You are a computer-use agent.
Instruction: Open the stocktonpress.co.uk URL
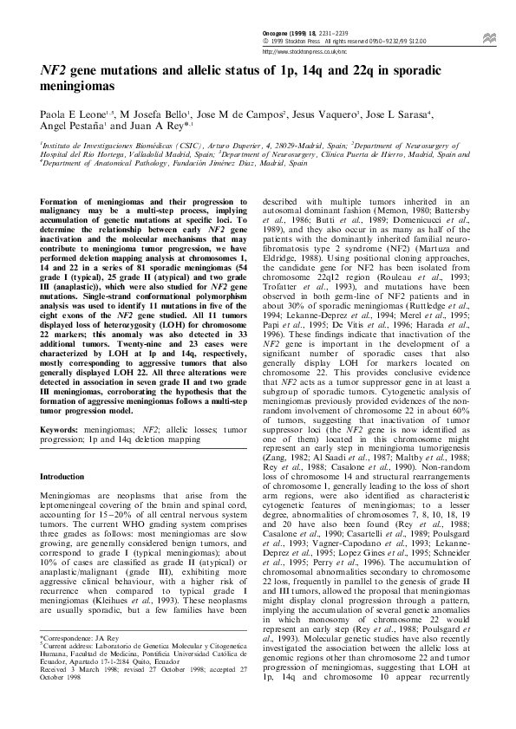point(299,51)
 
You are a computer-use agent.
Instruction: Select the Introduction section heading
point(66,477)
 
